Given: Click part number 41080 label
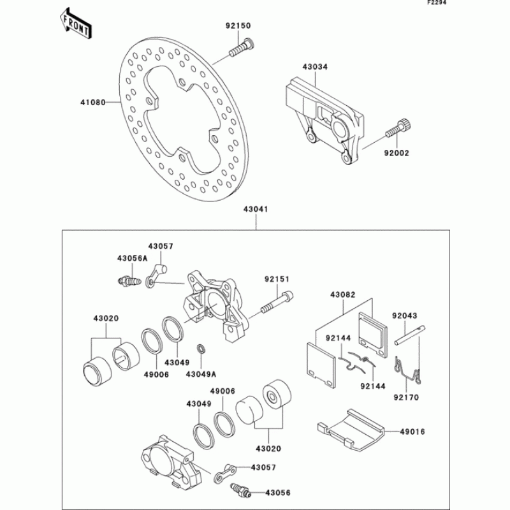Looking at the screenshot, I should coord(92,101).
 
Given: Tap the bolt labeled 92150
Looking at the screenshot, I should coord(242,47).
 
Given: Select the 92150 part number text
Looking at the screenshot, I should coord(238,26).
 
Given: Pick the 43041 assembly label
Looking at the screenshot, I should coord(256,209).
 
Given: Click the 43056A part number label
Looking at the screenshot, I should coord(132,258).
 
